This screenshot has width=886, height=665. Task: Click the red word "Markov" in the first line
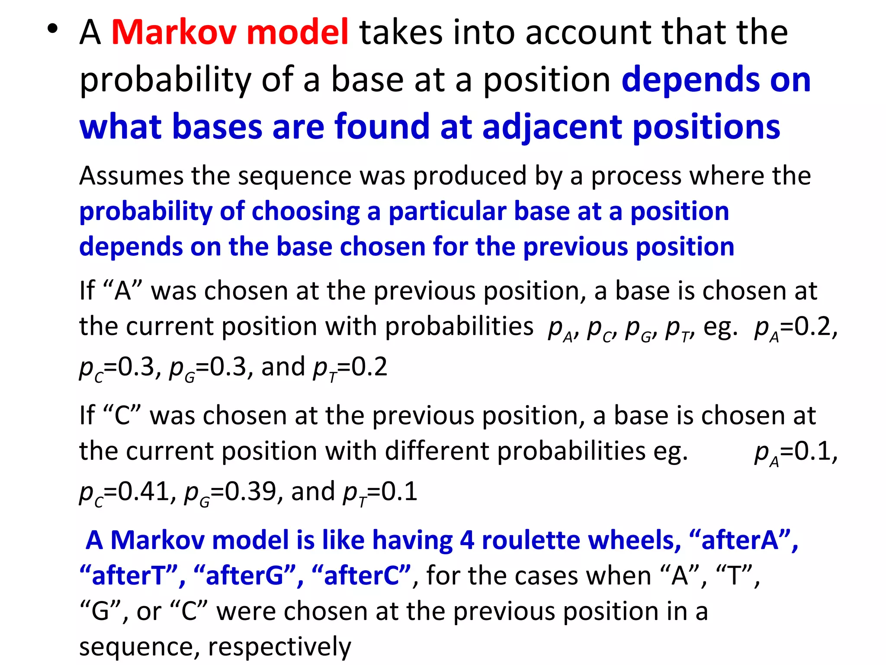[x=173, y=32]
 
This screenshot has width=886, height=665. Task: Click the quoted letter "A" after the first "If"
[x=123, y=291]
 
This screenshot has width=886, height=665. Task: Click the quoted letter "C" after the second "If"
[x=122, y=416]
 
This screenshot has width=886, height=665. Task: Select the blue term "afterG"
[x=245, y=576]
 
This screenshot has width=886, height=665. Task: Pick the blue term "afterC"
[x=361, y=576]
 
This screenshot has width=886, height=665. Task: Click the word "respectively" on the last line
[x=280, y=647]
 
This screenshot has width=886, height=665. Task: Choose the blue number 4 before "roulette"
[x=467, y=541]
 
